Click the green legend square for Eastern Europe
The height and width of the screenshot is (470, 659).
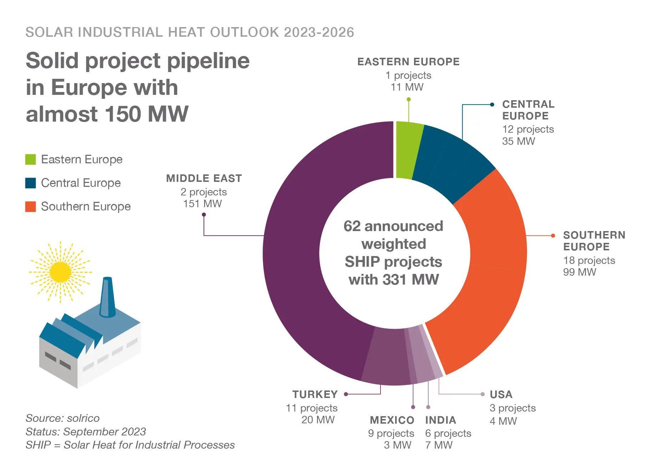pyautogui.click(x=31, y=159)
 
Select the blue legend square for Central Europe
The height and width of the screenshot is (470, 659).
pyautogui.click(x=31, y=183)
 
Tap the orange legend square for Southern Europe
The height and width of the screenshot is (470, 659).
pyautogui.click(x=31, y=206)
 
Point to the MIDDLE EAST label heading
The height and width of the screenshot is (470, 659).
pyautogui.click(x=204, y=178)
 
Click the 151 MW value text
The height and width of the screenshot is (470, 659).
pyautogui.click(x=203, y=204)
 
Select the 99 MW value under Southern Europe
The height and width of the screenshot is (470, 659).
pyautogui.click(x=579, y=272)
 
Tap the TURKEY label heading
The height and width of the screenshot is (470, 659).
pyautogui.click(x=315, y=394)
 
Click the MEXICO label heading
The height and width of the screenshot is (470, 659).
pyautogui.click(x=392, y=420)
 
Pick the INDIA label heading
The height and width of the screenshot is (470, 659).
pyautogui.click(x=440, y=420)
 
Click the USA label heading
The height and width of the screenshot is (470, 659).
pyautogui.click(x=501, y=394)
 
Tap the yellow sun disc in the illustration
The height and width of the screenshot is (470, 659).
pyautogui.click(x=60, y=272)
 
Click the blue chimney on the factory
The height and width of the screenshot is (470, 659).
pyautogui.click(x=107, y=298)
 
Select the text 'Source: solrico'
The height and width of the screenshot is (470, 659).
pyautogui.click(x=62, y=418)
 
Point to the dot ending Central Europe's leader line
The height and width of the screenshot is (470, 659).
pyautogui.click(x=492, y=104)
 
